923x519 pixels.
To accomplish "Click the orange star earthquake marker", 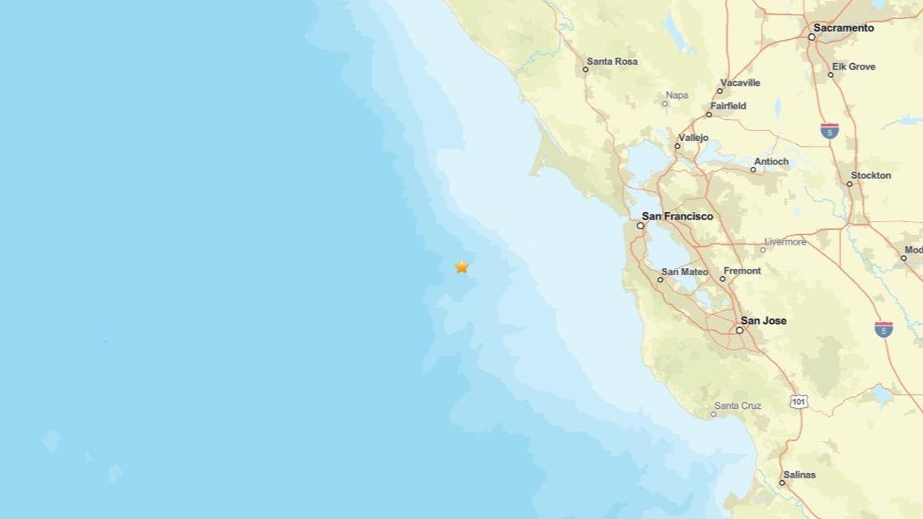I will coord(461,266).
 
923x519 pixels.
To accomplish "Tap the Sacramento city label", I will coord(844,28).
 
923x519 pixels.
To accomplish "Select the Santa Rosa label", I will coord(612,62).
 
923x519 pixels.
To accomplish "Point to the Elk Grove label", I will coord(854,66).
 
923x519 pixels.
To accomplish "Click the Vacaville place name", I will coord(740,83).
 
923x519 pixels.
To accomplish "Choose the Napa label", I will coord(676,96).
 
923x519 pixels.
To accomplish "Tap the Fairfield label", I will coord(728,106).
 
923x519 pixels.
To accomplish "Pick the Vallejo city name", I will coord(693,138).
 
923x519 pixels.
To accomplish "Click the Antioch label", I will coord(771,162).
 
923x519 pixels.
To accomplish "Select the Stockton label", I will coord(870,176).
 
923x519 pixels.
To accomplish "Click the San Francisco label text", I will coord(678,217).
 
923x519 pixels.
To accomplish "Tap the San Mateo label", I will coord(685,272).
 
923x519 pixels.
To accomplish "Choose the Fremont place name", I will coord(742,271).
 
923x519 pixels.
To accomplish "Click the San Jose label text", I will coord(763,321).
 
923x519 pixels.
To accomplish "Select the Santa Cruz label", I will coord(738,405).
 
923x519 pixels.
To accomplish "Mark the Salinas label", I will coord(799,474).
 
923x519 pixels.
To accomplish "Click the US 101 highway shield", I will coord(799,401).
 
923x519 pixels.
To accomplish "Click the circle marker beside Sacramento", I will coord(811,36).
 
